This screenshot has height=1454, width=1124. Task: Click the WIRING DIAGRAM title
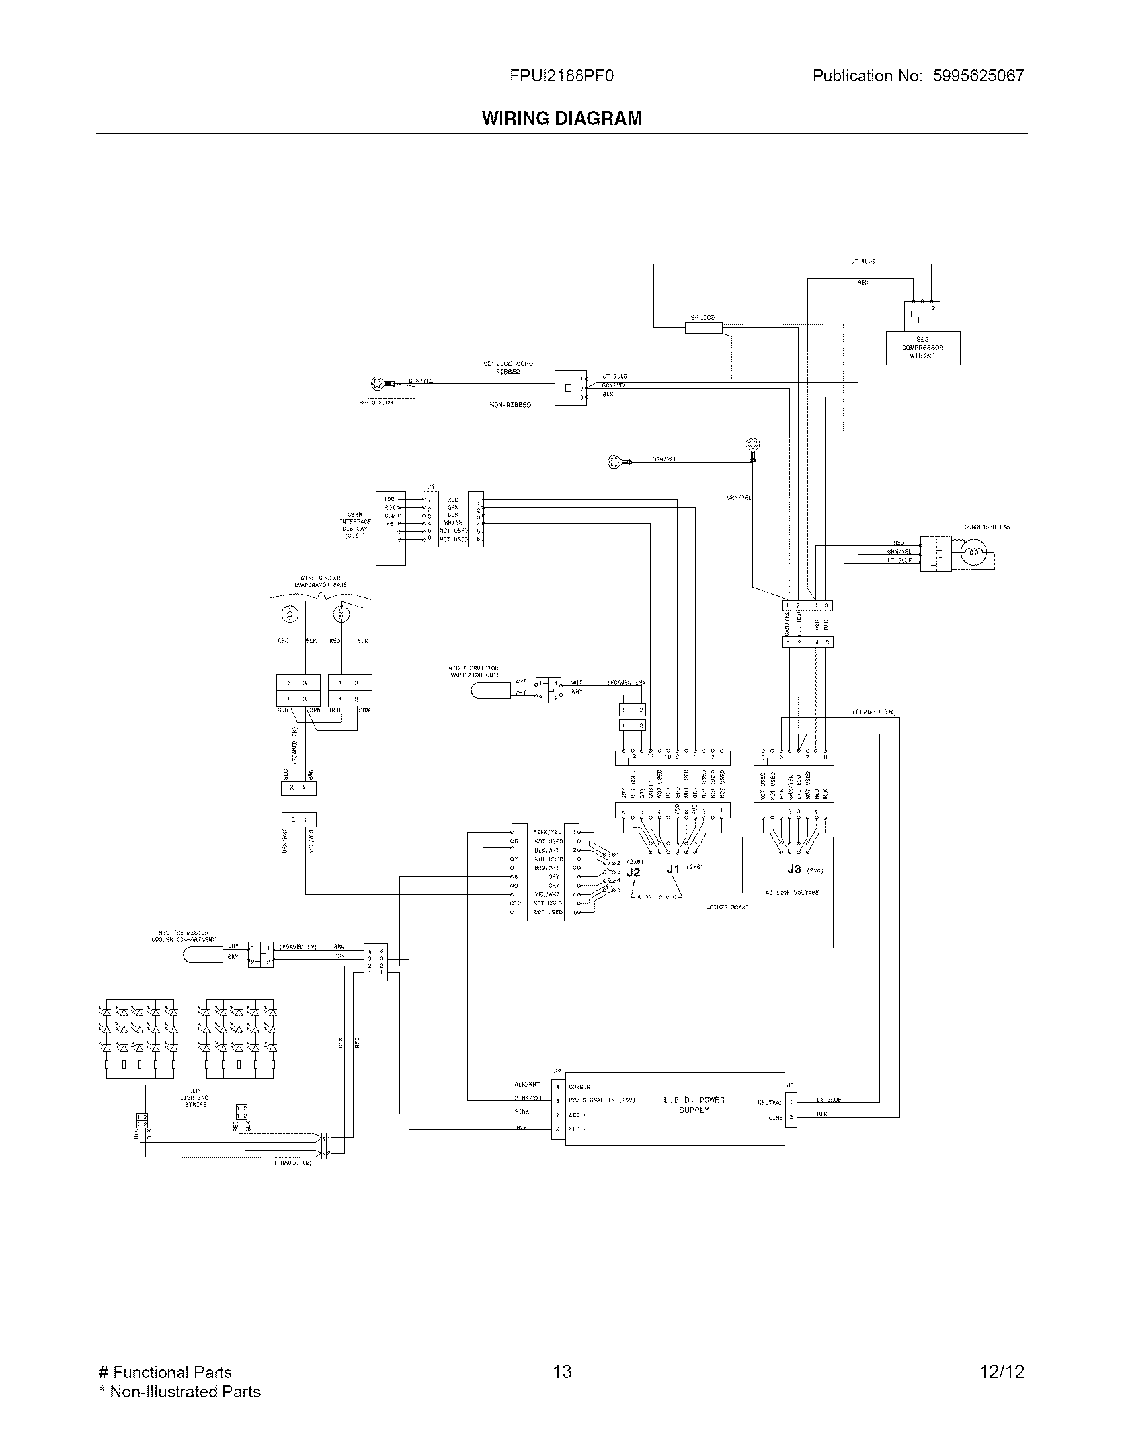(562, 118)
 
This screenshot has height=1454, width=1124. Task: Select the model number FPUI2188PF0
(561, 76)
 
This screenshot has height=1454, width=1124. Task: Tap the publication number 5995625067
(978, 76)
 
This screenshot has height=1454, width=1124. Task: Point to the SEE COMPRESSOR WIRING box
(922, 348)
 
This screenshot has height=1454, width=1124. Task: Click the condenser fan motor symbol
(973, 553)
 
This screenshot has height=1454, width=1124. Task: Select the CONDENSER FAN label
(986, 527)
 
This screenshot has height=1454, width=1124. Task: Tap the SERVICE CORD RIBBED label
(507, 368)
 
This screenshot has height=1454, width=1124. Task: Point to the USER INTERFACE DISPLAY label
(354, 525)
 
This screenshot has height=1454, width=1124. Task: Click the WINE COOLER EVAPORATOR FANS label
(320, 582)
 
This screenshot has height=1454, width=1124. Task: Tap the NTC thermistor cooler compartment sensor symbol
(203, 954)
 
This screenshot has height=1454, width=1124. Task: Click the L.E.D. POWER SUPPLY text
(694, 1105)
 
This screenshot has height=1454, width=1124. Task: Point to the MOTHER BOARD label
(727, 907)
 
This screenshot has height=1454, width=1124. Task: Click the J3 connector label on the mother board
(793, 869)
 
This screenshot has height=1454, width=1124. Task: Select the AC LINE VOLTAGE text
(791, 892)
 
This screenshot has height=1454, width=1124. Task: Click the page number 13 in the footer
(562, 1371)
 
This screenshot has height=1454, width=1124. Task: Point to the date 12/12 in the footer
(1002, 1371)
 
